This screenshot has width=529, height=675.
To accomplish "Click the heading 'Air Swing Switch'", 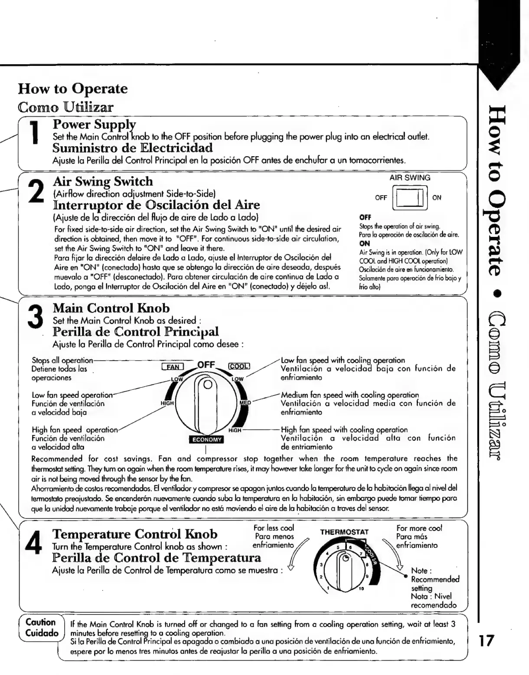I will [x=102, y=181].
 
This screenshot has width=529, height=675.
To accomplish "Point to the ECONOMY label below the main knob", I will [x=207, y=439].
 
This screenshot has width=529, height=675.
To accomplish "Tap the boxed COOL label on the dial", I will [x=239, y=367].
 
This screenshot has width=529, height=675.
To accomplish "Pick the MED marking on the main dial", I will [x=246, y=403].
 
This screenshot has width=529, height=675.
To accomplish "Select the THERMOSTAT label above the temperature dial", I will [x=344, y=532].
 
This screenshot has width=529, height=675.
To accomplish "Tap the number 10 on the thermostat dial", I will [x=361, y=589].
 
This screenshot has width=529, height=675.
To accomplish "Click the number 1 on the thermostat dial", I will [x=328, y=588].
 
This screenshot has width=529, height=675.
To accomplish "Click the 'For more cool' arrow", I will [x=394, y=556].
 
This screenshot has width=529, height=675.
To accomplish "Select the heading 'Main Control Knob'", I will [x=111, y=308].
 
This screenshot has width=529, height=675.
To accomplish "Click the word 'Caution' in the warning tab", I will [x=40, y=623].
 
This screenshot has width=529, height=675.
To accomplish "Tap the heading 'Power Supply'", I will [x=94, y=125].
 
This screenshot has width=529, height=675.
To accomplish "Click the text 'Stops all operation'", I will [x=62, y=360].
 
